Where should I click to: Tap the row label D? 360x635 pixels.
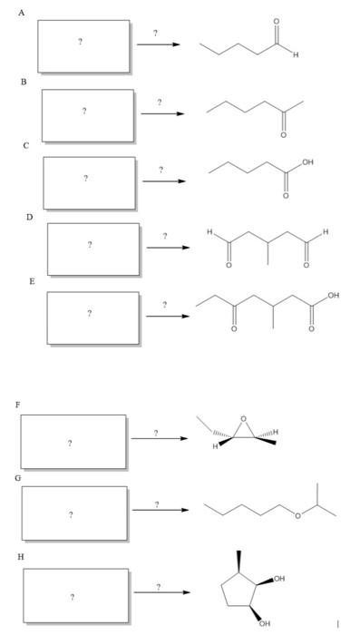coord(29,218)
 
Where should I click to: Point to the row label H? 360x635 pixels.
coord(15,557)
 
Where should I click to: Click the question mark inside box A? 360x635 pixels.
coord(83,44)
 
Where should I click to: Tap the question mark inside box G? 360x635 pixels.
coord(71,515)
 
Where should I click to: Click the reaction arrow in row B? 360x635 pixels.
coord(162,114)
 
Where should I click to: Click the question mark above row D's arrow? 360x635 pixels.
coord(165,236)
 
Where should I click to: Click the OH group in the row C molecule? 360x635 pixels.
coord(310,161)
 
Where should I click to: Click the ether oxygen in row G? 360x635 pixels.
coord(297,516)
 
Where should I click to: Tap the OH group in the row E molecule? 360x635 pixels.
coord(335,296)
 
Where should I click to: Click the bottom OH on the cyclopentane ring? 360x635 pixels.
coord(264,624)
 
